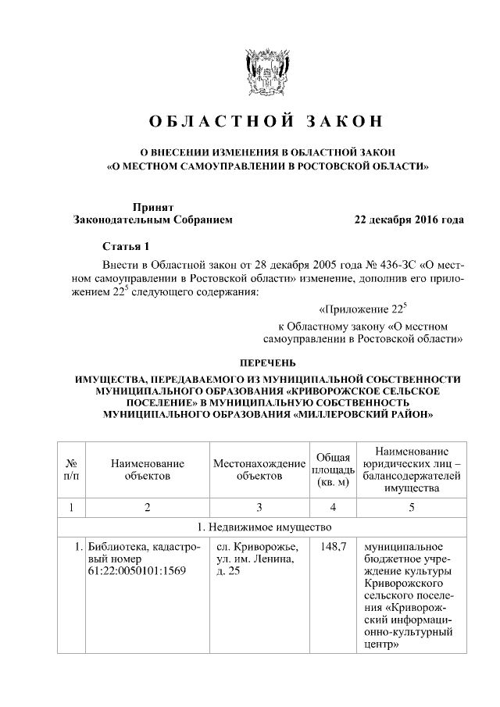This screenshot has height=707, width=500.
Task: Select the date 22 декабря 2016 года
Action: [409, 220]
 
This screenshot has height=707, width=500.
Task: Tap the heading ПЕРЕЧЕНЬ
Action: [267, 362]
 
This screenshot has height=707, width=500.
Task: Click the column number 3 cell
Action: [259, 509]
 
